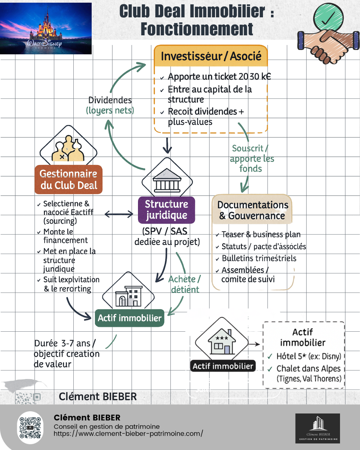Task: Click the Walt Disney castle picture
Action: click(x=46, y=28)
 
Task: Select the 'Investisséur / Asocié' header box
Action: click(x=211, y=56)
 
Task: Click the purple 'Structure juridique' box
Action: click(x=166, y=210)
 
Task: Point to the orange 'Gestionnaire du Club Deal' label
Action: click(x=69, y=179)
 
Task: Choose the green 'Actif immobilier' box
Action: click(x=129, y=318)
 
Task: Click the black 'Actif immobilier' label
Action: click(x=223, y=366)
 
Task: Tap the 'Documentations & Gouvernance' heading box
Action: click(x=252, y=210)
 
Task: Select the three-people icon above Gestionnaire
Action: click(x=68, y=149)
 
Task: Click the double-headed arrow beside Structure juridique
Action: click(x=119, y=214)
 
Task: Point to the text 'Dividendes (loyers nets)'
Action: click(x=110, y=105)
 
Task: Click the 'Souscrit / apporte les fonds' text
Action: click(x=252, y=158)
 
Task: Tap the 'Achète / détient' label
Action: click(x=184, y=284)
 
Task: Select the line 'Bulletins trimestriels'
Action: click(x=259, y=258)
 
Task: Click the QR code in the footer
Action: click(x=30, y=427)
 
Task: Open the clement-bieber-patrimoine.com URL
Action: click(x=128, y=434)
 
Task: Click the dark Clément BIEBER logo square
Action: click(x=317, y=428)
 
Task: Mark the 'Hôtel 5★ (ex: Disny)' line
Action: click(x=308, y=356)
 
